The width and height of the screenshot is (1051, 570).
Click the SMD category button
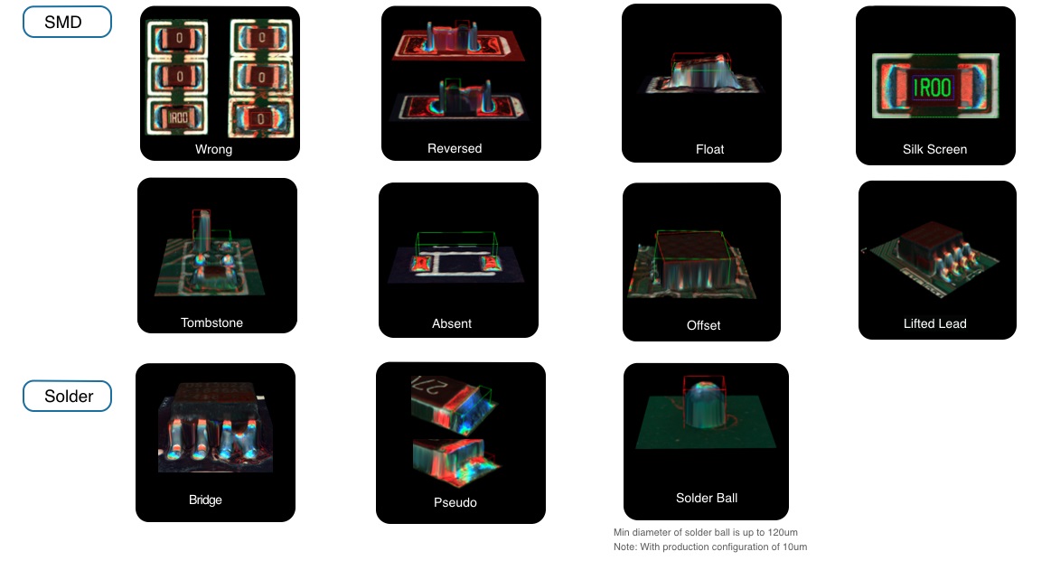[x=67, y=22]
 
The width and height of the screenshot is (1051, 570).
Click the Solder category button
[x=67, y=396]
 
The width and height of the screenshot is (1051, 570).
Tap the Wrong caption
[x=214, y=149]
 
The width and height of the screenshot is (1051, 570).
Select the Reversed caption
[x=455, y=149]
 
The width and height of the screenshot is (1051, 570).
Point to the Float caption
[x=709, y=149]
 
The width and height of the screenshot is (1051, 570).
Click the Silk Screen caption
[x=934, y=149]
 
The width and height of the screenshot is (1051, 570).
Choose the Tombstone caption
[x=211, y=322]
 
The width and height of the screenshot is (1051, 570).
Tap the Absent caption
[x=452, y=323]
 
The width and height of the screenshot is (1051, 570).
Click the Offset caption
[x=703, y=325]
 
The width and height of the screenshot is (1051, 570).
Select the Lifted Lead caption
[x=934, y=323]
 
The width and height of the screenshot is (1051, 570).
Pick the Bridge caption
[x=205, y=500]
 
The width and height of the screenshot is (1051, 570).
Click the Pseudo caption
[x=455, y=502]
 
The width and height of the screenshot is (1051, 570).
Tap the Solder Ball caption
[x=707, y=498]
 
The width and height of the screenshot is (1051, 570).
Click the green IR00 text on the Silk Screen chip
[x=933, y=87]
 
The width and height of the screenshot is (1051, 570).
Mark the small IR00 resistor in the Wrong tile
[x=178, y=117]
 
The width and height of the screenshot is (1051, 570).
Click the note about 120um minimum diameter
[x=705, y=532]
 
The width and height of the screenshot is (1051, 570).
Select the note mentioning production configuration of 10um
[x=709, y=547]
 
